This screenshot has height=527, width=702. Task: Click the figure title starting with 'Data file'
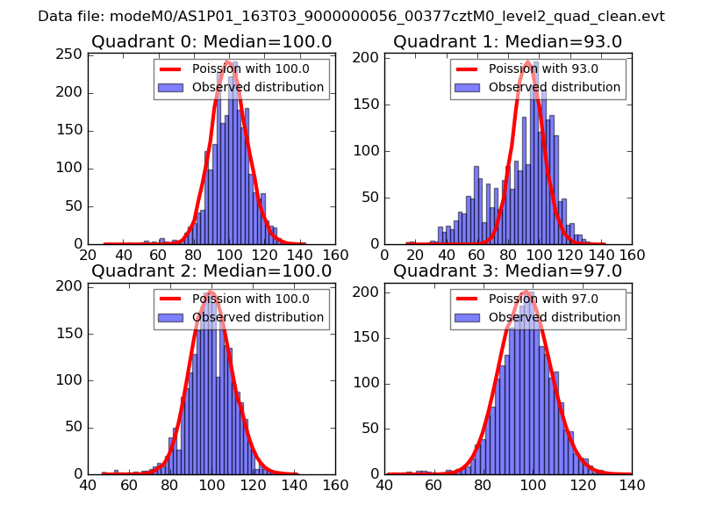tap(351, 17)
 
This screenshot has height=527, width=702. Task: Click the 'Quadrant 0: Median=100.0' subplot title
tap(211, 41)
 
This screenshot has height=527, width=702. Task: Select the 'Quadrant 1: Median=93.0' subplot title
tap(508, 41)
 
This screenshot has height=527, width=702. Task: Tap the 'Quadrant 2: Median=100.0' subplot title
tap(211, 271)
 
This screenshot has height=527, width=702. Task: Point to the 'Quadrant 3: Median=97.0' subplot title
tap(508, 271)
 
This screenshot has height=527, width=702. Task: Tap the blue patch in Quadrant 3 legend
tap(468, 317)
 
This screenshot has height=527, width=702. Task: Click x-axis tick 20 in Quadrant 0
tap(89, 255)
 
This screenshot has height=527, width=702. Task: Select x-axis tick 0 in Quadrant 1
tap(385, 255)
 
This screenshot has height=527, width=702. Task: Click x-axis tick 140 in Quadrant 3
tap(632, 484)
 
